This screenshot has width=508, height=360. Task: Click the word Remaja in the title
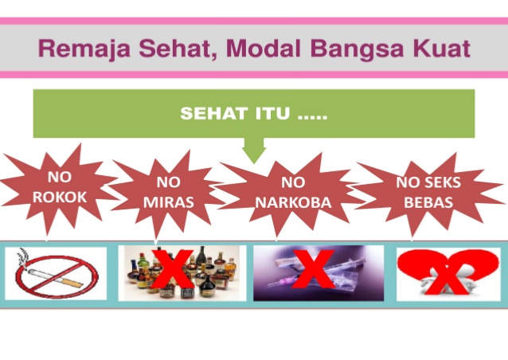[84, 49]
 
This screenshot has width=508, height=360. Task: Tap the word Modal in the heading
[264, 48]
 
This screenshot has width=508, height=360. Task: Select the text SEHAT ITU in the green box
[235, 113]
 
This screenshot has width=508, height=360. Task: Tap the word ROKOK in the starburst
[60, 197]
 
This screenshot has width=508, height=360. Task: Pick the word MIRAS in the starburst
[169, 202]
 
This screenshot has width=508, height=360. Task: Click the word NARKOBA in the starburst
[293, 202]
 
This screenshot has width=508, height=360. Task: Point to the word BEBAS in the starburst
[428, 202]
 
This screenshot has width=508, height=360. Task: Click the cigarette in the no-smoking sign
[56, 278]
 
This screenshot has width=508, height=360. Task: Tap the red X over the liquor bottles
[172, 268]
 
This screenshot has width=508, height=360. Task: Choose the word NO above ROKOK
[60, 177]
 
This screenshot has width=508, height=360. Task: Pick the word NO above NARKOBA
[293, 182]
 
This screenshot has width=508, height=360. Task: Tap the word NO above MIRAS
[169, 182]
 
